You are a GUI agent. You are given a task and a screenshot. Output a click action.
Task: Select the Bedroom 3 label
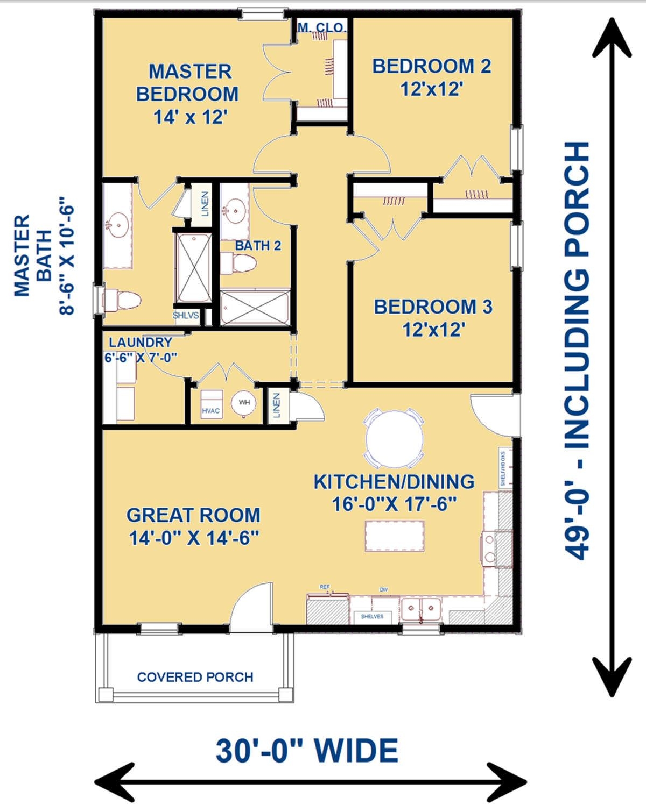[x=433, y=318]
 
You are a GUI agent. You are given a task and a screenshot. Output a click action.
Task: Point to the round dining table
[x=394, y=438]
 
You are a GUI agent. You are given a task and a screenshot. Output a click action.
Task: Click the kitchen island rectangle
[x=394, y=536]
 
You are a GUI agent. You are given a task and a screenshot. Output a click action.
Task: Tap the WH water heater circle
[x=244, y=402]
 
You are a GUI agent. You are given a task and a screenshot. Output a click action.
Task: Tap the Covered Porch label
[x=195, y=677]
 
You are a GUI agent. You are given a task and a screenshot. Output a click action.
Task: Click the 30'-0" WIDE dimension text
[x=307, y=751]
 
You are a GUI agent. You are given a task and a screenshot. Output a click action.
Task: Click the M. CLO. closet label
[x=321, y=27]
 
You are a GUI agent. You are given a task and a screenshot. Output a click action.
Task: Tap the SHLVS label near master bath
[x=186, y=316]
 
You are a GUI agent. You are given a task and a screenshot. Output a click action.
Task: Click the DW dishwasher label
[x=383, y=590]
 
